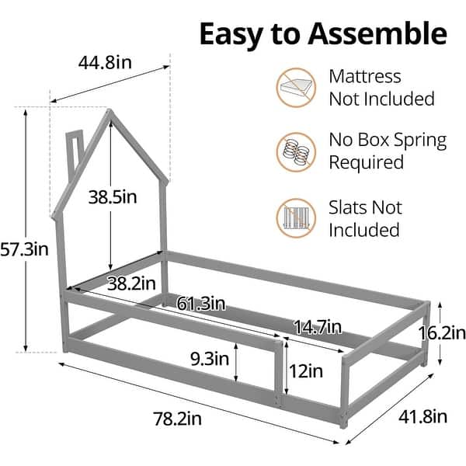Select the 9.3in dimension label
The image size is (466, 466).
(210, 360)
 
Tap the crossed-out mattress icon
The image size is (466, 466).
(296, 88)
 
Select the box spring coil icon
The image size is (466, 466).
(296, 151)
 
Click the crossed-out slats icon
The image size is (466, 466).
(296, 218)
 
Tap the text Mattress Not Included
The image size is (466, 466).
(381, 88)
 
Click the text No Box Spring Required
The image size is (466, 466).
(387, 151)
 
